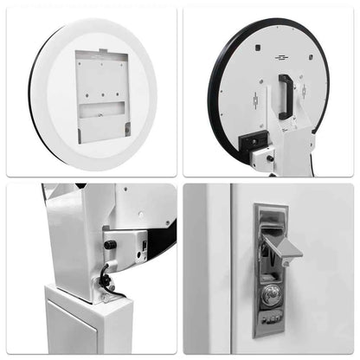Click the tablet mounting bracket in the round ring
tap(101, 96)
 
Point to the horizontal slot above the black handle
tap(281, 58)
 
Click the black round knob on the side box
tap(110, 245)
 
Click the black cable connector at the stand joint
tap(105, 280)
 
